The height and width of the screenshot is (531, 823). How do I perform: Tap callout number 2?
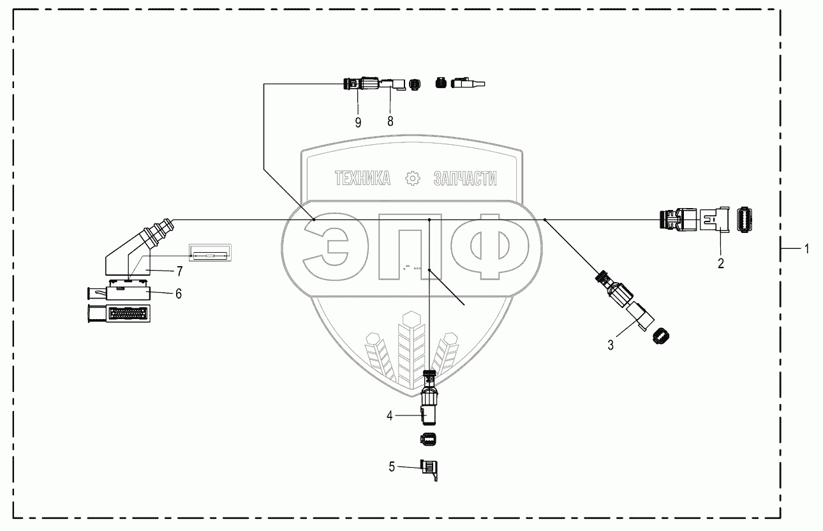coord(721,262)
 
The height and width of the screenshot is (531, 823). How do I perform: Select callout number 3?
coord(611,345)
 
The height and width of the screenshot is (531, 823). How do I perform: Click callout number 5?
coord(392,467)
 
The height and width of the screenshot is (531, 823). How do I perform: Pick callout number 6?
coord(179,293)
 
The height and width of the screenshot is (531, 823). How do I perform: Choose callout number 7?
coord(179,271)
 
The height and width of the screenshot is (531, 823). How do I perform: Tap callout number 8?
coord(390,121)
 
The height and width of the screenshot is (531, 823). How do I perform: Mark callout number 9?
coord(358,122)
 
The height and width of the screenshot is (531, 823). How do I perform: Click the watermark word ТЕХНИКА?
coord(362,179)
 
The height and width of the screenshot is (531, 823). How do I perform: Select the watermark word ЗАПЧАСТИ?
coord(465,179)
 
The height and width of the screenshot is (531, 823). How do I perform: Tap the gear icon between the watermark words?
coord(413,179)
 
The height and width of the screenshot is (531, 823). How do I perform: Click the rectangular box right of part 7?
coord(209,253)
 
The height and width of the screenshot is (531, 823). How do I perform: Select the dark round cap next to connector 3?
coord(661,334)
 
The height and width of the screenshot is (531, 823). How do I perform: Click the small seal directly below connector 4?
coord(429,438)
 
